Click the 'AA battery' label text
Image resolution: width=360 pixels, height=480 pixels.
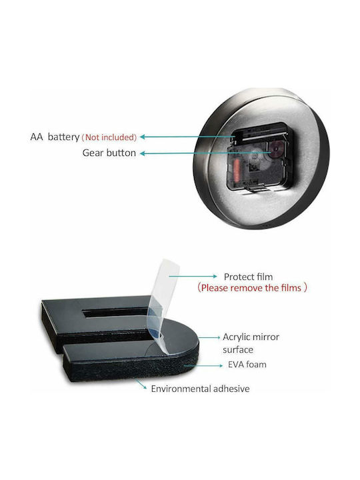coord(55,137)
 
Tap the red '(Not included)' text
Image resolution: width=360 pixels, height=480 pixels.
coord(109,137)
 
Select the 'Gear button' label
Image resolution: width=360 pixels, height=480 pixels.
coord(109,153)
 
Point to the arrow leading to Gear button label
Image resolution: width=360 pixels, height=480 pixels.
coord(205,153)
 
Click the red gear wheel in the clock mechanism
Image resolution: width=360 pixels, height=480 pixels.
coord(275,149)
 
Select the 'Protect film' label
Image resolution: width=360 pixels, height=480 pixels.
coord(248,277)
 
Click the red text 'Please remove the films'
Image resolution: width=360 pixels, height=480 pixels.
coord(251,288)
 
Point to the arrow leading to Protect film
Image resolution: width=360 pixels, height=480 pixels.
coord(193,276)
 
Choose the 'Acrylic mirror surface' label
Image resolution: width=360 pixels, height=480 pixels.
coord(251,343)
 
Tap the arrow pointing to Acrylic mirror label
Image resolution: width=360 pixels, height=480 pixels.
coord(209,337)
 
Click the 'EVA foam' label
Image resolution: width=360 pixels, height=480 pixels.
coord(247,365)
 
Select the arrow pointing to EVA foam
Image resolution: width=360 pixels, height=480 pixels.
coord(203,365)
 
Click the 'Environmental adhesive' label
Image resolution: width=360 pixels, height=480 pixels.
coord(200,389)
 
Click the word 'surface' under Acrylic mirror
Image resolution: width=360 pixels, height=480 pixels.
coord(238,350)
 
